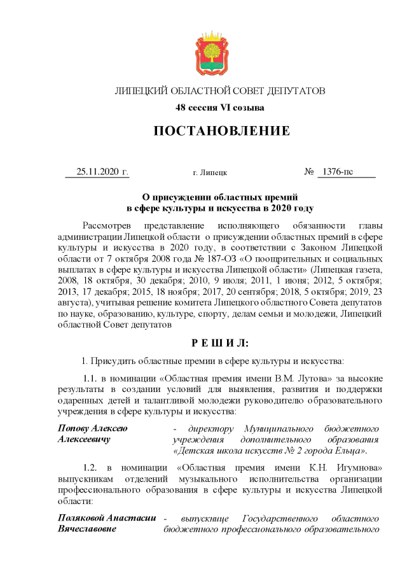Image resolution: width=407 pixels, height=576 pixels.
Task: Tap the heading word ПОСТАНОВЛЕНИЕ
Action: (x=221, y=131)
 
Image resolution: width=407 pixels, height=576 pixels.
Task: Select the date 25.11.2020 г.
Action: (x=102, y=172)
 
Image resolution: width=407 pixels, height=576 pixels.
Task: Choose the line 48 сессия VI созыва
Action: (x=220, y=108)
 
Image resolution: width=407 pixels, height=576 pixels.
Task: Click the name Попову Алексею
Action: (x=92, y=429)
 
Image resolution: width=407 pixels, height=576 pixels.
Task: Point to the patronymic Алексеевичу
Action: (x=84, y=440)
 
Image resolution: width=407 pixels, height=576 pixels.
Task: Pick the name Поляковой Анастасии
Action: (x=107, y=518)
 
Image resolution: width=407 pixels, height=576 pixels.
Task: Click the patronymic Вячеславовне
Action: (x=86, y=529)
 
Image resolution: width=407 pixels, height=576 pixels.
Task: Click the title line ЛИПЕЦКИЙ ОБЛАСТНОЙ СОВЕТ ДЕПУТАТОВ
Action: (x=220, y=91)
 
